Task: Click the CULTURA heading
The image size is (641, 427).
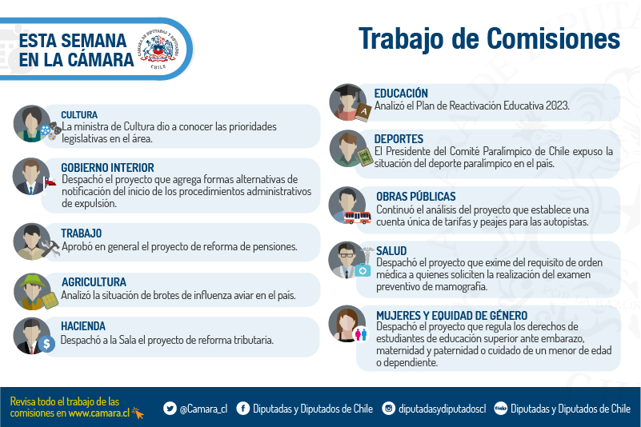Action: point(79,115)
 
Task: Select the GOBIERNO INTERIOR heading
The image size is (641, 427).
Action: point(107,168)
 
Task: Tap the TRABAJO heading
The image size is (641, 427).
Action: point(82,233)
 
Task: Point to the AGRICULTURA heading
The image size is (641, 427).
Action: point(94,282)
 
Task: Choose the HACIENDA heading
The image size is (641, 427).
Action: point(83,326)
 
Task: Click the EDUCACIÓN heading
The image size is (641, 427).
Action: point(401,94)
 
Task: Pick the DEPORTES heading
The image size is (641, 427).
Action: point(399,139)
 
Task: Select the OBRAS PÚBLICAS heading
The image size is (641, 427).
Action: point(416,197)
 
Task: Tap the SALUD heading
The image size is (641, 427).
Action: point(391,251)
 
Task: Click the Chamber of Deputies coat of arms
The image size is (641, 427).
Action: point(158,49)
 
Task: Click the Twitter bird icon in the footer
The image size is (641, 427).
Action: point(170,408)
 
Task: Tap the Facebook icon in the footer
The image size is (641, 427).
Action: point(242,408)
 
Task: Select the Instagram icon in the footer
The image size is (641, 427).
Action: point(388,408)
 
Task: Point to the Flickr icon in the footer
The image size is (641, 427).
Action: point(500,408)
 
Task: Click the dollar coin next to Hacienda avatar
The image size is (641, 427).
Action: point(46,344)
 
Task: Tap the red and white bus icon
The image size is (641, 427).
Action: point(357,217)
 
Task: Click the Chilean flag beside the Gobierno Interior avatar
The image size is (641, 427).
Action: point(50,182)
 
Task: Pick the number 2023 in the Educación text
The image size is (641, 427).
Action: point(557,106)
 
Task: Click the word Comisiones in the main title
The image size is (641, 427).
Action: point(554,39)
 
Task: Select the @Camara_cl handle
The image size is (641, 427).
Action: point(203,409)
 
